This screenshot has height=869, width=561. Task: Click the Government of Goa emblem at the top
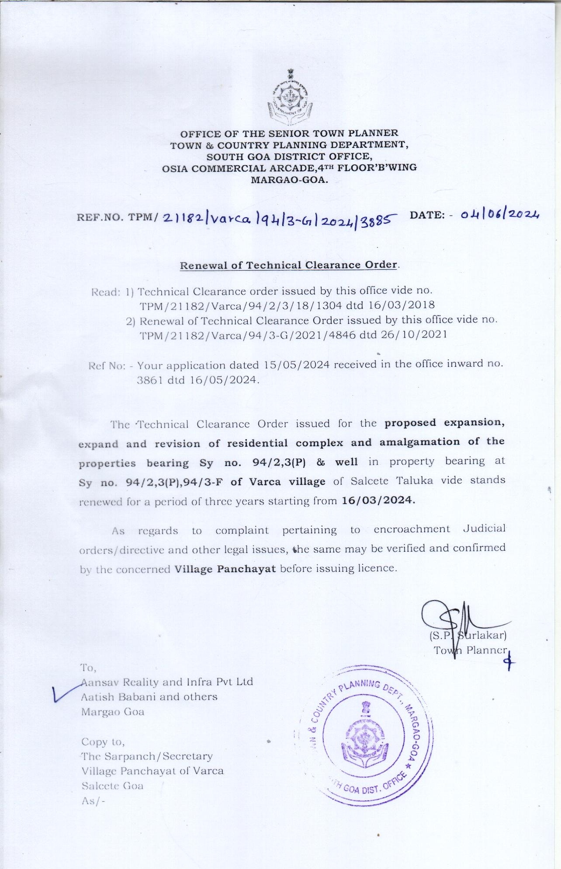click(288, 95)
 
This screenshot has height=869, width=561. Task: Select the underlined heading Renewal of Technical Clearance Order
click(289, 265)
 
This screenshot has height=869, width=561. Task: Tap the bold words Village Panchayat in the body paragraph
click(225, 569)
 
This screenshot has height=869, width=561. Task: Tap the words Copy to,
click(103, 742)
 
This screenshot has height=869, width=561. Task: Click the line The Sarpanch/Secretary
click(147, 756)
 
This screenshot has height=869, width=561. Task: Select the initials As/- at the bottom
click(93, 801)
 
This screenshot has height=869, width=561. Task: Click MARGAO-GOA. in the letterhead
click(289, 180)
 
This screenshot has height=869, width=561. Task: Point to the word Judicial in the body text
click(484, 528)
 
